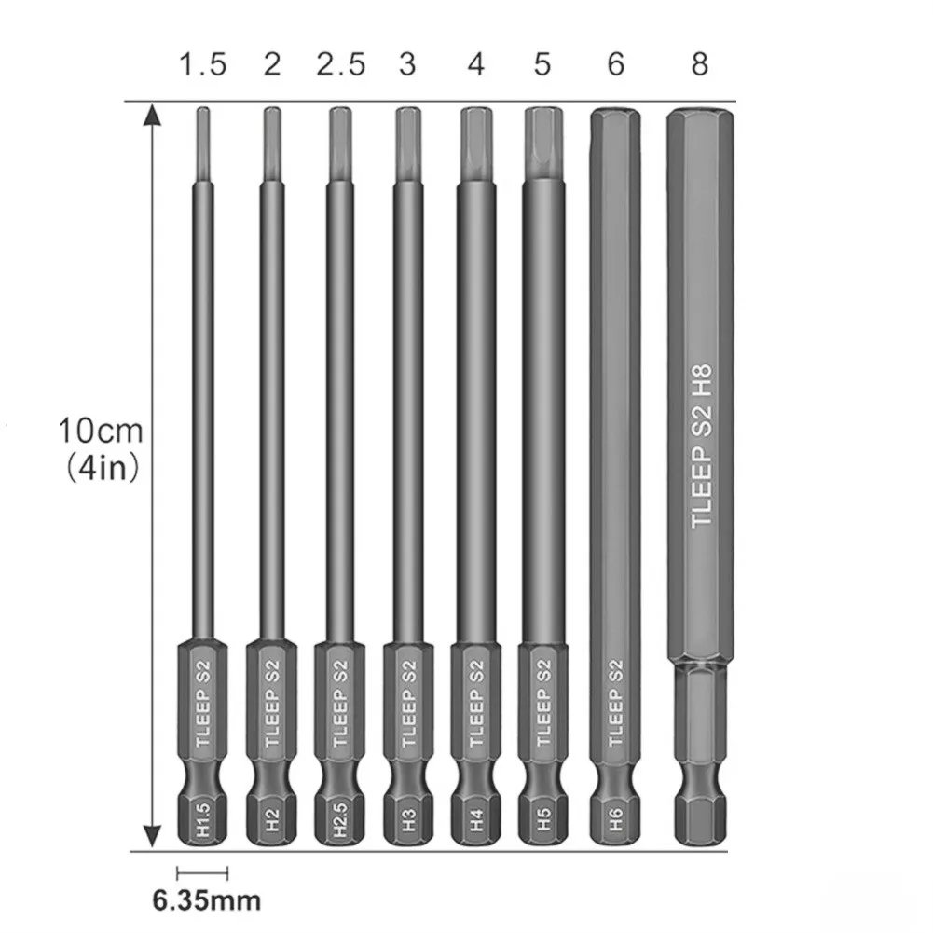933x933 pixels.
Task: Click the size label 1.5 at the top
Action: click(202, 64)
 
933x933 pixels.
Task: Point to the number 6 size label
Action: click(614, 64)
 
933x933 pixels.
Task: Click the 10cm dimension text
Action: click(101, 432)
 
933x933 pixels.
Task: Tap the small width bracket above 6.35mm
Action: click(201, 872)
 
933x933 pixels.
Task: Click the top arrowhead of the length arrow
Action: click(153, 116)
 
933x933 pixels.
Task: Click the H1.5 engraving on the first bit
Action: click(202, 819)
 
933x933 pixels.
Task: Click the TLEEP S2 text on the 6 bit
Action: click(614, 703)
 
